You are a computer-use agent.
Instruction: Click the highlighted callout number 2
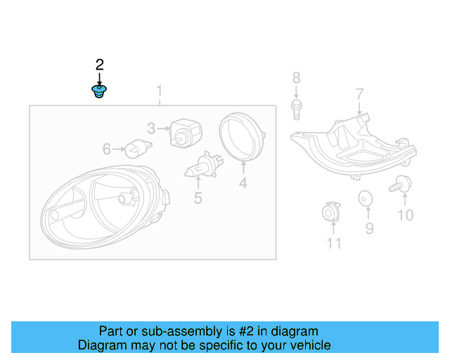(99, 65)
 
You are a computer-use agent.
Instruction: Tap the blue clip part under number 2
(99, 91)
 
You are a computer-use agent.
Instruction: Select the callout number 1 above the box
(160, 91)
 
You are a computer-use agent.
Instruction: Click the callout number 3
(151, 128)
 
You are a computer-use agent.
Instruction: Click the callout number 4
(243, 184)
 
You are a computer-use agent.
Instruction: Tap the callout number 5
(198, 198)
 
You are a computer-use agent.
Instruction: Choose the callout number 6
(107, 149)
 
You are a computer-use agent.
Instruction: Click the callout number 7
(359, 94)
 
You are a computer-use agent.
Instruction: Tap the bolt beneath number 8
(296, 108)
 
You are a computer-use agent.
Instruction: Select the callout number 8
(296, 77)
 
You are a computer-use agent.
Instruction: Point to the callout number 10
(405, 216)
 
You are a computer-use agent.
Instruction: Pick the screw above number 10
(401, 185)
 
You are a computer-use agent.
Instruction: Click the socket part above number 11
(330, 213)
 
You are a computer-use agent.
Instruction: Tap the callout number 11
(333, 243)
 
